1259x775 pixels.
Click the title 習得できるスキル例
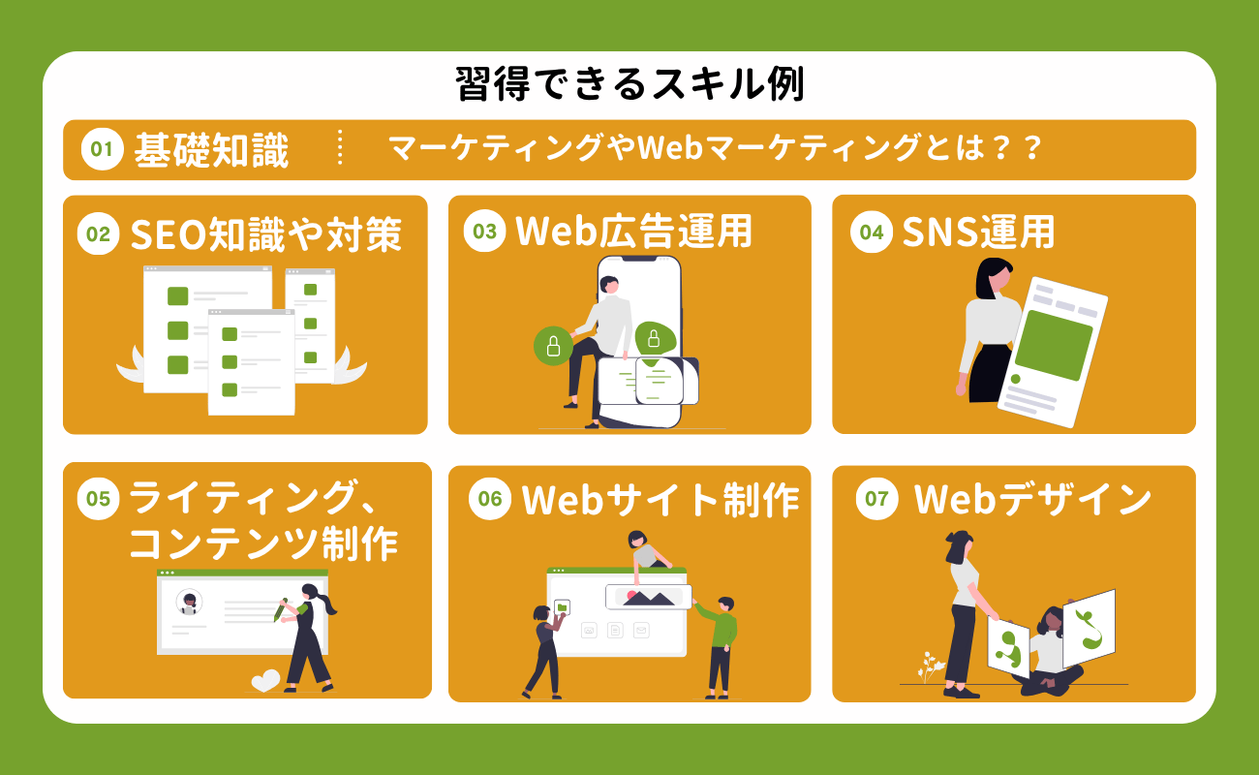(629, 86)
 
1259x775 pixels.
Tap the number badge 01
(102, 150)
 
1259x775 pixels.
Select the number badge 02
(97, 234)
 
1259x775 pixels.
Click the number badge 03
(484, 232)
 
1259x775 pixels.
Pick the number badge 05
(97, 499)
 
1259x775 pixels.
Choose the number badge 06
(489, 500)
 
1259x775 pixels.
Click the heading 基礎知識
(211, 150)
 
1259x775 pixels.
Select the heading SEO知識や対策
(265, 233)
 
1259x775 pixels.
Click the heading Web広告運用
(633, 232)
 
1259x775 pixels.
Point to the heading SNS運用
(977, 232)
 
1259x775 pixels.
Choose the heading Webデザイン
(1032, 500)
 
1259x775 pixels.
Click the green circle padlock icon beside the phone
(553, 345)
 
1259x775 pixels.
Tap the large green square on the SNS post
(1052, 344)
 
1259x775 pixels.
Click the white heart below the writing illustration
(265, 680)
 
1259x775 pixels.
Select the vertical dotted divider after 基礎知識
(340, 149)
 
